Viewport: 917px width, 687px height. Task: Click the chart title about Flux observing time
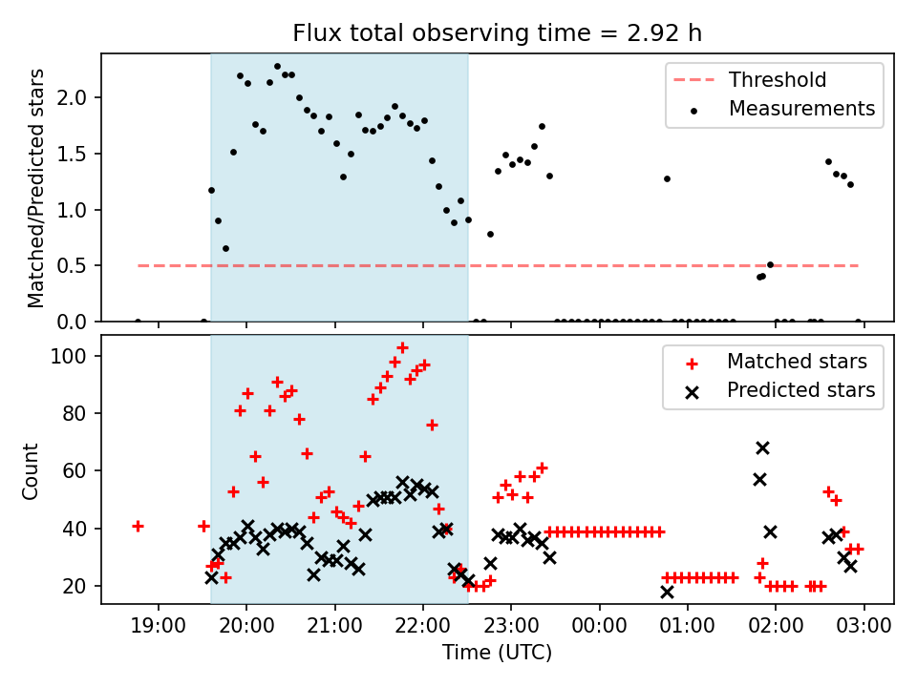[x=497, y=33]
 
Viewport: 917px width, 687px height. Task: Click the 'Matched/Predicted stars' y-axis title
[x=36, y=188]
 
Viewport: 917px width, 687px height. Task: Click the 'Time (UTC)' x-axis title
[x=497, y=653]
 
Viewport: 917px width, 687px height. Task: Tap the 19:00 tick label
[x=159, y=626]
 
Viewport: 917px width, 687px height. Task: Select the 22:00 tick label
[x=423, y=626]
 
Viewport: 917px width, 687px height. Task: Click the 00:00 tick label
[x=600, y=626]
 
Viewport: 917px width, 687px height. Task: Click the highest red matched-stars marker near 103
[x=402, y=347]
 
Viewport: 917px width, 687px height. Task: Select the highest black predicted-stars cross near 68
[x=762, y=448]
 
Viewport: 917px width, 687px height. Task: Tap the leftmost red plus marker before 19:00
[x=138, y=526]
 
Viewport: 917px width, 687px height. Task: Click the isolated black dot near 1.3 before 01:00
[x=667, y=178]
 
